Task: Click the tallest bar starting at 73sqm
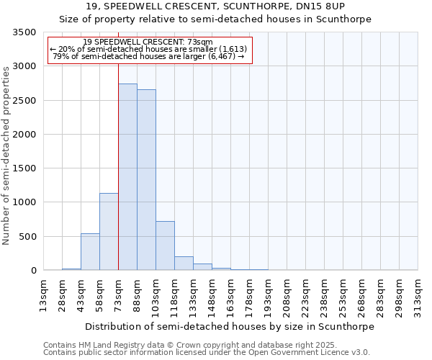[127, 177]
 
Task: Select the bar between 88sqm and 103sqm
[146, 180]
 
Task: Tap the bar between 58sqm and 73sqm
[109, 232]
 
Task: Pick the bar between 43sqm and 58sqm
[90, 252]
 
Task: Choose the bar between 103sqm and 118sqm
[165, 246]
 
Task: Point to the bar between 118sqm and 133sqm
[184, 264]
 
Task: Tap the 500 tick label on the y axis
[27, 236]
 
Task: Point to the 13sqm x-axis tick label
[44, 294]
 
